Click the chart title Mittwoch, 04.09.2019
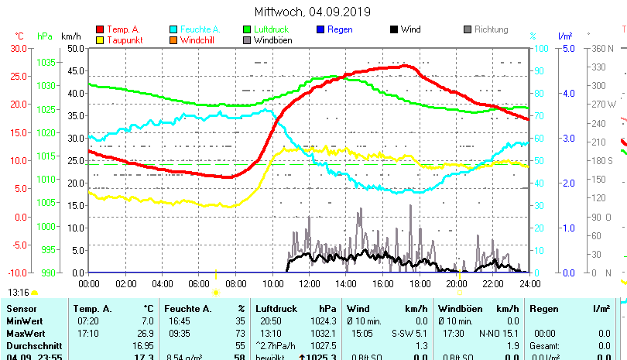(x=313, y=12)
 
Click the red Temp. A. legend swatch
(x=100, y=29)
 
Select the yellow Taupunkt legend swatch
(x=100, y=39)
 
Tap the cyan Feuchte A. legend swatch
(x=173, y=29)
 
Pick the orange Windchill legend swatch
(x=173, y=39)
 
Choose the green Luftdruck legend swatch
(x=247, y=29)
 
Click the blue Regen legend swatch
(x=320, y=29)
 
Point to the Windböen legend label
(x=272, y=39)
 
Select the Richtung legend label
(x=491, y=29)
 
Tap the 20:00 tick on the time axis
(x=456, y=283)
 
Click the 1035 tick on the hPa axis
(x=46, y=62)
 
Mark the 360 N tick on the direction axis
(x=603, y=48)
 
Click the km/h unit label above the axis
(x=70, y=36)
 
